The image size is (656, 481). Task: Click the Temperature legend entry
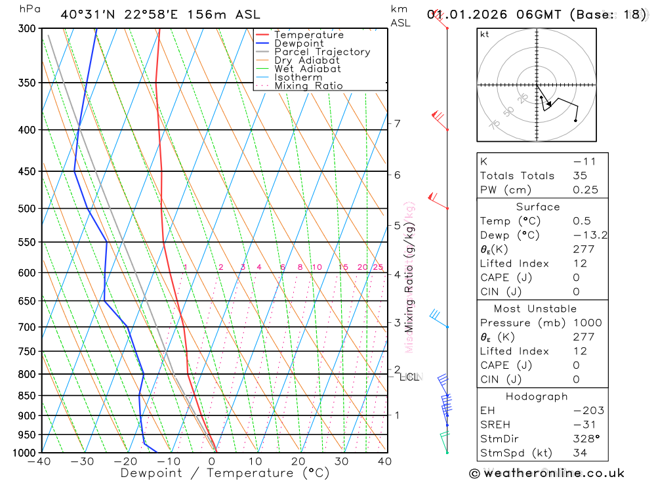click(308, 35)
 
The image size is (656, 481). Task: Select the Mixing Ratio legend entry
click(308, 86)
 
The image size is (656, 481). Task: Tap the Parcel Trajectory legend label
click(322, 52)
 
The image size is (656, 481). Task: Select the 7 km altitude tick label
click(397, 123)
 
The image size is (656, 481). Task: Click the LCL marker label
click(409, 377)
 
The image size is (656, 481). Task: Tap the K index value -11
click(581, 161)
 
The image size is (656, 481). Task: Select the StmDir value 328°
click(583, 439)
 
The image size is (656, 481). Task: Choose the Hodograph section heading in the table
click(537, 396)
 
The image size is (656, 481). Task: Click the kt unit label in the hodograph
click(485, 35)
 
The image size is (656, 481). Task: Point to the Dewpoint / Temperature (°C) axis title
click(225, 473)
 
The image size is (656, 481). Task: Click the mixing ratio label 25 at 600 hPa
click(378, 267)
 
